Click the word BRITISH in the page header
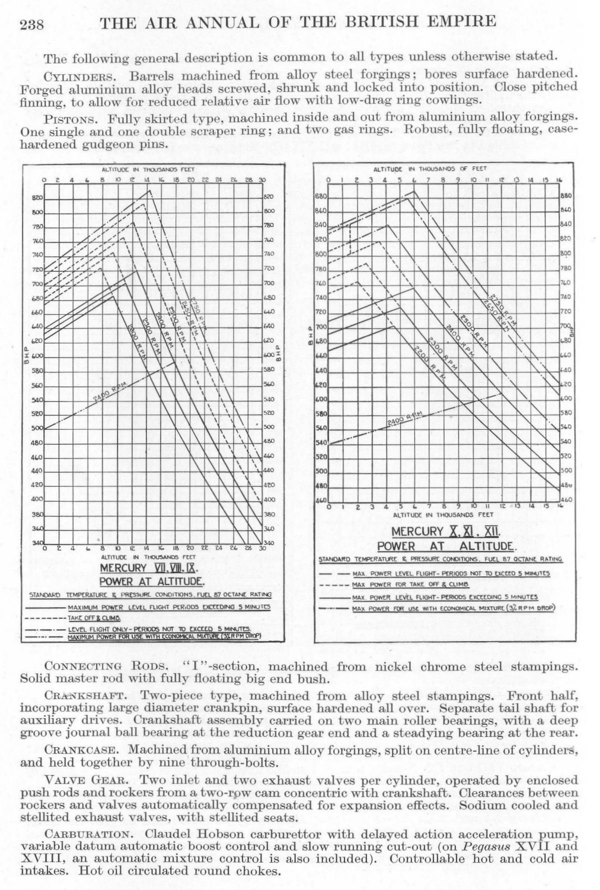coord(386,22)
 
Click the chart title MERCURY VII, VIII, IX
coord(149,569)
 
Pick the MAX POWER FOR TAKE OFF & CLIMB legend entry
coord(409,584)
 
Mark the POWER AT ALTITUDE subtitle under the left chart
coord(151,581)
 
